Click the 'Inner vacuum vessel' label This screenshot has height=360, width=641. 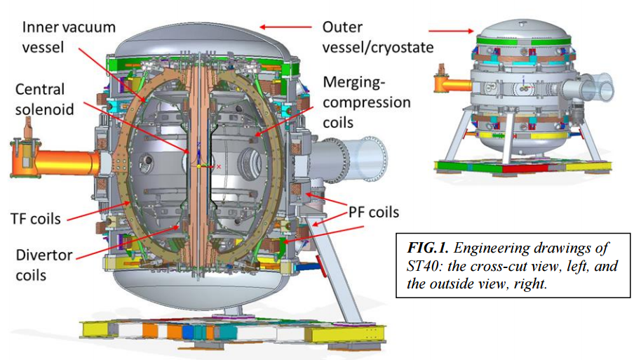69,37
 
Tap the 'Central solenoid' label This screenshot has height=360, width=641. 45,100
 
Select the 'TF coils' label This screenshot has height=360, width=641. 36,219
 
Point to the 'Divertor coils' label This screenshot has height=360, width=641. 44,265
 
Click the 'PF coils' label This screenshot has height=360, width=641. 374,213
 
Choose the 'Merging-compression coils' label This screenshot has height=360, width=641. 367,102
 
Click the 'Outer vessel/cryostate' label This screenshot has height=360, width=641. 378,37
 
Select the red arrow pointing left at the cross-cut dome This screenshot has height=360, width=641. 285,27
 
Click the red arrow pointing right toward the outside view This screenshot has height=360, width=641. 452,31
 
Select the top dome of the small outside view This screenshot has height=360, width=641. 523,29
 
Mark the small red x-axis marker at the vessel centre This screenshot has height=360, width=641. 218,166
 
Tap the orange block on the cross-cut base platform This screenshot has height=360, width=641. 150,331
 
